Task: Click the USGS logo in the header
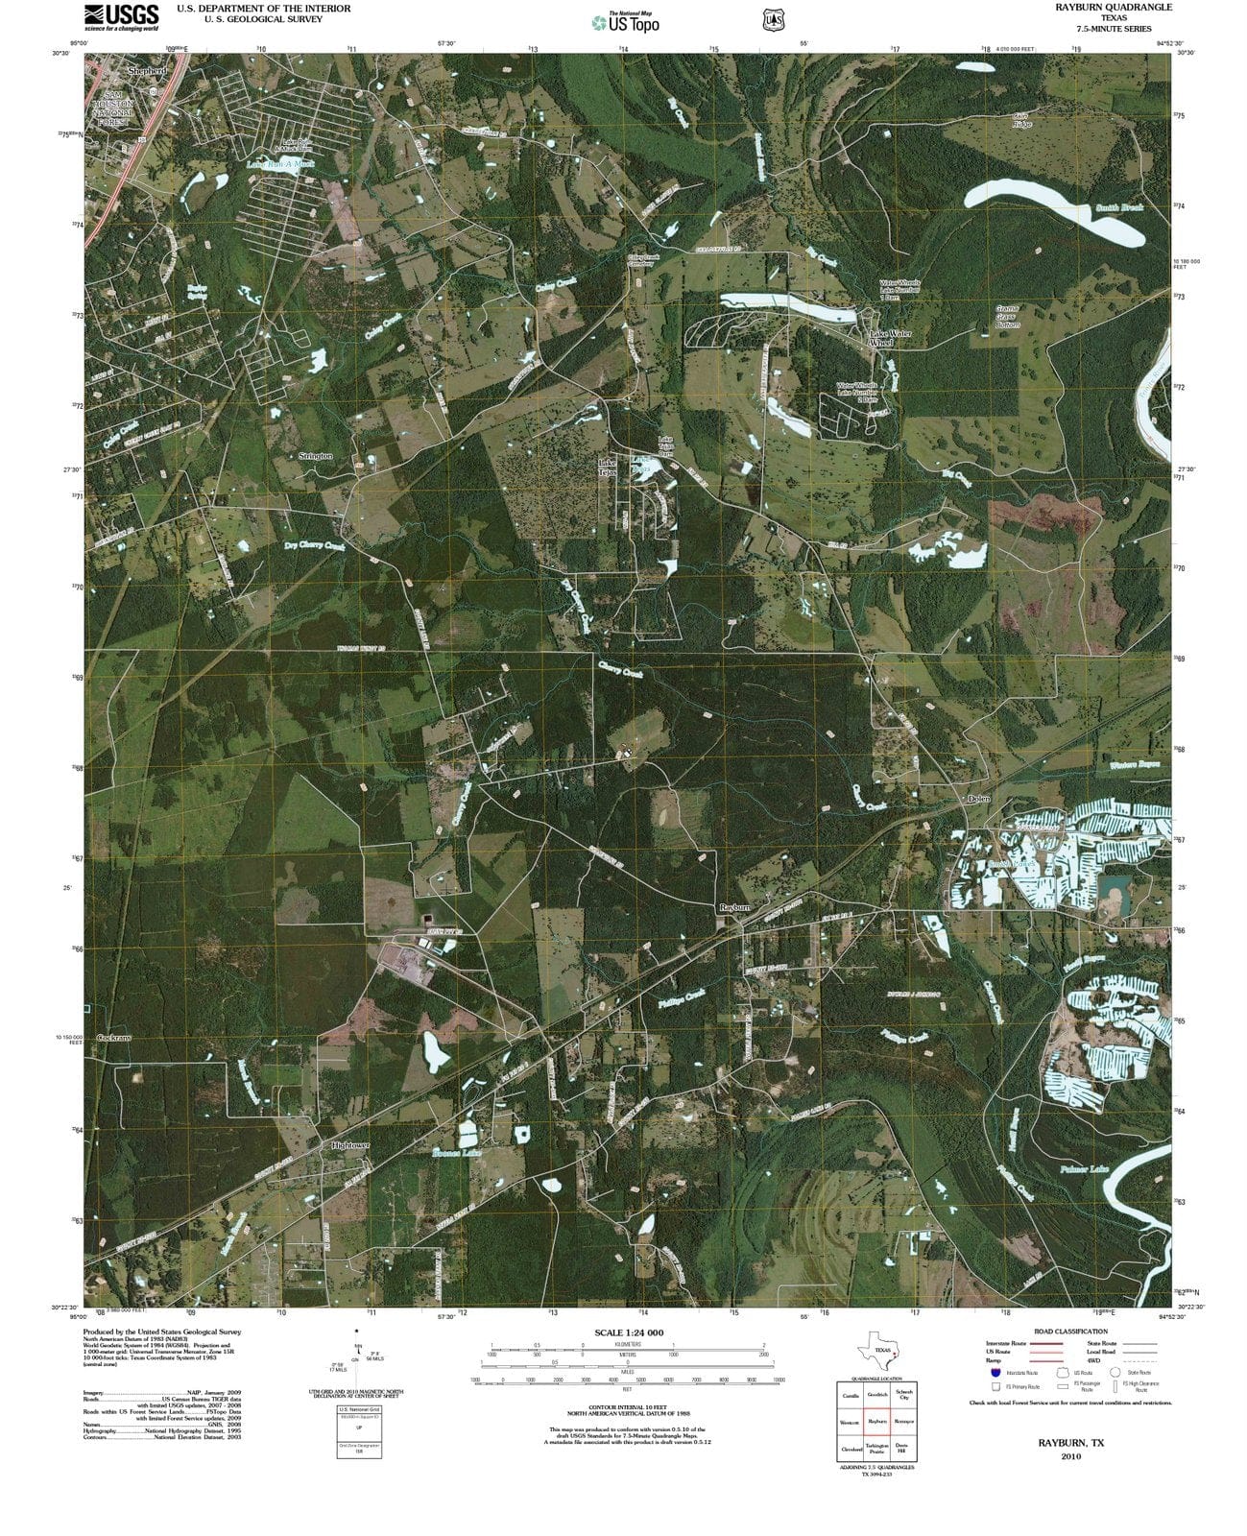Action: [121, 17]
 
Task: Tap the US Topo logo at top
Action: [626, 22]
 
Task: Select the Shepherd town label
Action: [147, 71]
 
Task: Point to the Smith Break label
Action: [1119, 207]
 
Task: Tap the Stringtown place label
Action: [316, 456]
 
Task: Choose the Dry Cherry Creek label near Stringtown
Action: [315, 545]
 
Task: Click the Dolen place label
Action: [978, 799]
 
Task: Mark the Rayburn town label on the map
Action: [734, 907]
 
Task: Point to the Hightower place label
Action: [349, 1146]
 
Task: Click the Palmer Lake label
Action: [1085, 1169]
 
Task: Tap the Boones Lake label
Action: [455, 1153]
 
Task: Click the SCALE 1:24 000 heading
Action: [629, 1332]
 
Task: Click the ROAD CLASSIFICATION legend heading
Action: [1070, 1332]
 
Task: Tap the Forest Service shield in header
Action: [770, 19]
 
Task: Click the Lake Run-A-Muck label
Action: [280, 164]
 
